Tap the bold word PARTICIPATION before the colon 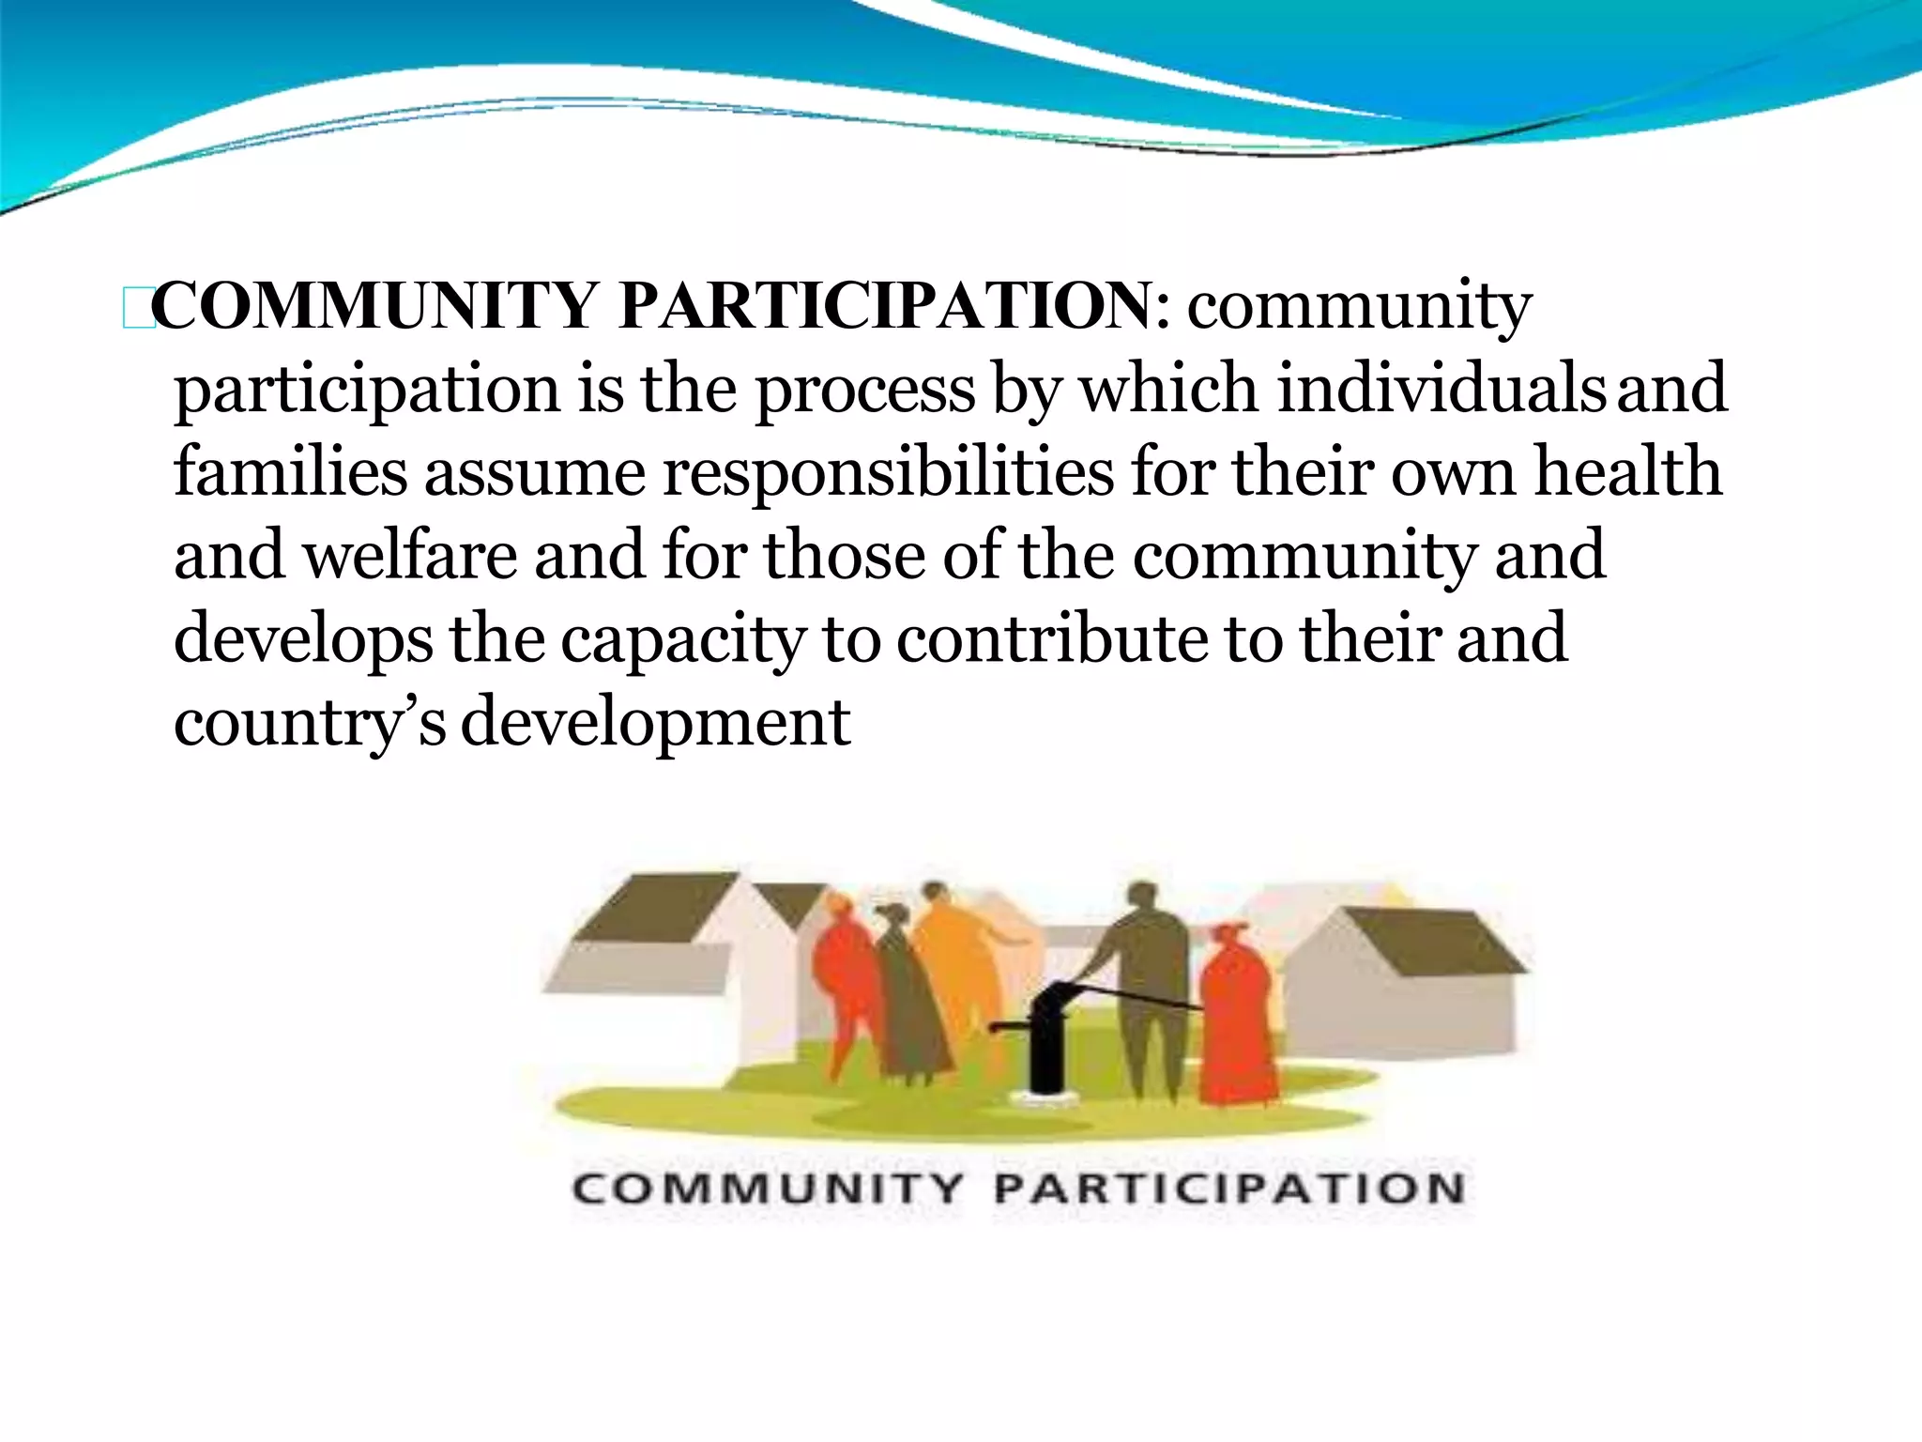884,306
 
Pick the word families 290,471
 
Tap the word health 1628,471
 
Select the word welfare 410,554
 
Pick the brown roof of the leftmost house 657,906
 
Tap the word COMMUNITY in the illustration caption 767,1189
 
